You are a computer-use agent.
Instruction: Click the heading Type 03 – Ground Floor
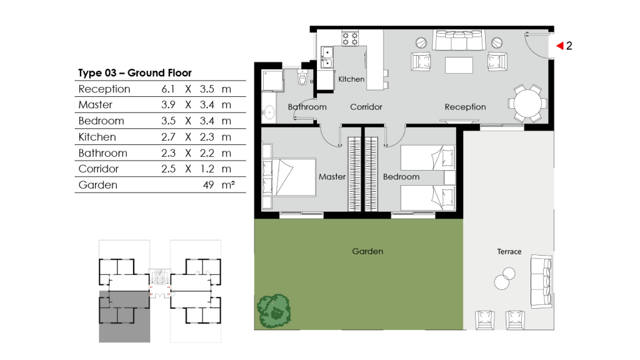(134, 73)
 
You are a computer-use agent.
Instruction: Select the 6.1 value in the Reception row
(167, 89)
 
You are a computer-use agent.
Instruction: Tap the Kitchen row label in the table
(97, 137)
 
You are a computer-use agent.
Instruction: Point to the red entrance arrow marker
(560, 46)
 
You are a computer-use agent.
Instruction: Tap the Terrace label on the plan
(509, 251)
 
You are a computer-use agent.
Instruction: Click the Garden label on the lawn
(367, 251)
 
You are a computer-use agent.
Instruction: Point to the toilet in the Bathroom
(303, 78)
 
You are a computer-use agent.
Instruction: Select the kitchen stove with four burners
(350, 38)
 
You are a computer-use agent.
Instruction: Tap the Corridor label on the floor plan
(366, 107)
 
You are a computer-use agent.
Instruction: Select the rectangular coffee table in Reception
(459, 65)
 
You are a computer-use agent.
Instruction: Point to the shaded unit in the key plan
(124, 316)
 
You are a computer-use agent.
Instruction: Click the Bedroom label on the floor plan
(401, 177)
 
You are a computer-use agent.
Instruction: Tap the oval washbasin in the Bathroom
(269, 112)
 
